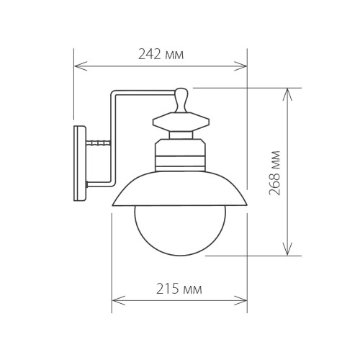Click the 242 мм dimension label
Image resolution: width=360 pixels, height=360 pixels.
point(161,53)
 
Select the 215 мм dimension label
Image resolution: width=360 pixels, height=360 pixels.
point(179,289)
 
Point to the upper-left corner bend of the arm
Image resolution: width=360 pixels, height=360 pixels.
point(114,94)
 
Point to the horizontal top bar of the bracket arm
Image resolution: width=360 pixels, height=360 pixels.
point(144,94)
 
